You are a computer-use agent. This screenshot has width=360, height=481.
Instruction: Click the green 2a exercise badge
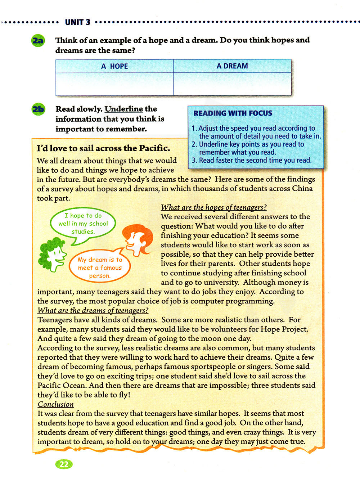tap(38, 41)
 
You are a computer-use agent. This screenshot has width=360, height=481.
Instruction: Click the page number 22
tap(64, 464)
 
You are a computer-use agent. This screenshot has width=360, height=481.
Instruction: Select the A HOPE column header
tap(114, 66)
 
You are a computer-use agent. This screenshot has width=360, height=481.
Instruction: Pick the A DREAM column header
tap(232, 66)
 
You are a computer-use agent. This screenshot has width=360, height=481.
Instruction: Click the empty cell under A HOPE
tap(114, 84)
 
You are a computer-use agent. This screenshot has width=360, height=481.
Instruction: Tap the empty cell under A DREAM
tap(232, 84)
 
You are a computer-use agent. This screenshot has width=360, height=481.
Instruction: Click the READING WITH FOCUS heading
tap(233, 113)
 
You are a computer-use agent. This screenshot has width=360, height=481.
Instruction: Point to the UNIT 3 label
tap(77, 22)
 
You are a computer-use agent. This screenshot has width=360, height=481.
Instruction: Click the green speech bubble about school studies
tap(83, 224)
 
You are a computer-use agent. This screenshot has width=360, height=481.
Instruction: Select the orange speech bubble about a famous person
tap(100, 268)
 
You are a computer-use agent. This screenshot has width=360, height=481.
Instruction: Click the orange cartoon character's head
tap(136, 238)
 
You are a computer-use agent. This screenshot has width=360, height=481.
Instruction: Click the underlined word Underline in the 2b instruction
tap(124, 109)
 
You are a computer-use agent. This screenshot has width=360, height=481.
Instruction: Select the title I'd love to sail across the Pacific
tap(104, 148)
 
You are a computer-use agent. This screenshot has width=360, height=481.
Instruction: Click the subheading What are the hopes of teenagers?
tap(213, 207)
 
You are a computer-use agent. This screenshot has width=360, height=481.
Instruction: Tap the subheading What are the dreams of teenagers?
tap(93, 310)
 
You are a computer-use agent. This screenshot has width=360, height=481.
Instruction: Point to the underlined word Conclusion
tap(55, 404)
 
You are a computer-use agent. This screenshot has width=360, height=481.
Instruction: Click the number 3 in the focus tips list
tap(194, 160)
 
